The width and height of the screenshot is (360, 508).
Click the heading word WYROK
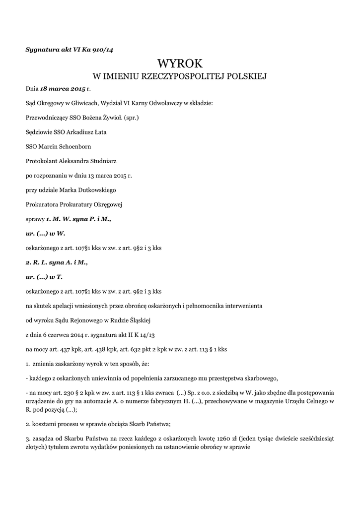180,63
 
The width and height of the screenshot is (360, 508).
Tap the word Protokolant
42,161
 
